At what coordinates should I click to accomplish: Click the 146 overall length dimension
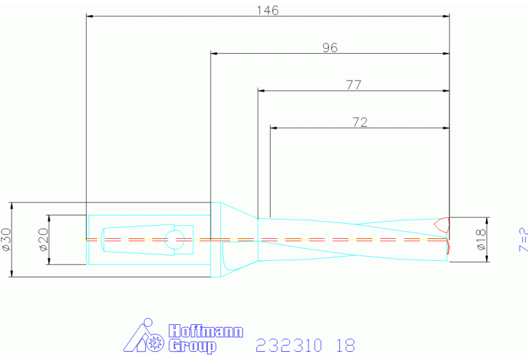(x=268, y=10)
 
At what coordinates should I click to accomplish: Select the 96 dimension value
(x=330, y=47)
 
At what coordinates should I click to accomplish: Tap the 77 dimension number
(x=354, y=85)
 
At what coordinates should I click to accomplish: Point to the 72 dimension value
(x=359, y=122)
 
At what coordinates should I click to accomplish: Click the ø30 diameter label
(x=6, y=240)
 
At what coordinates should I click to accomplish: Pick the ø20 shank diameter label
(x=44, y=240)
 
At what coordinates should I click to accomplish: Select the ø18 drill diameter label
(x=481, y=240)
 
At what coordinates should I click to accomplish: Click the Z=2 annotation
(x=524, y=240)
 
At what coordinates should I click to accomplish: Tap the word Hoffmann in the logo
(x=205, y=331)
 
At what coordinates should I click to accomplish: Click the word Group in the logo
(x=192, y=346)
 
